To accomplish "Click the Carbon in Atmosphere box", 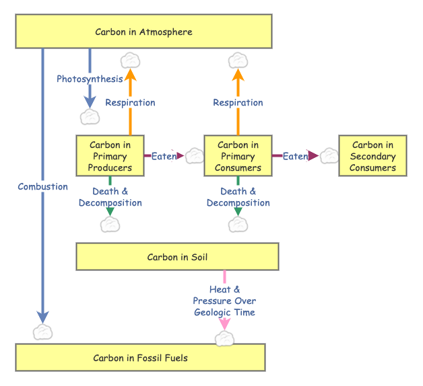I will [143, 32].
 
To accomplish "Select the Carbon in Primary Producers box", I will [110, 156].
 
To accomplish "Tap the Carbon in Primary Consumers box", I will [238, 156].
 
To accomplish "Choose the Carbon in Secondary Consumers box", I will [372, 156].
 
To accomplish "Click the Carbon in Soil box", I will [177, 257].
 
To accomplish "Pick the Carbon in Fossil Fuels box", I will [140, 358].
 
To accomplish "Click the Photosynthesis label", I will [90, 79].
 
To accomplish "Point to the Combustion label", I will [42, 187].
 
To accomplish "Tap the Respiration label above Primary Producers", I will [130, 103].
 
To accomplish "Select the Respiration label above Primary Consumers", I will [238, 103].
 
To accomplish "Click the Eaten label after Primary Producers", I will [164, 156].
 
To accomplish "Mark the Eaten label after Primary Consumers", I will [295, 156].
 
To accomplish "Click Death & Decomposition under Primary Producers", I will [110, 197].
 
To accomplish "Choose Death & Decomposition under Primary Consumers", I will [238, 197].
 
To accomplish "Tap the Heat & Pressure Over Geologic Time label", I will [224, 301].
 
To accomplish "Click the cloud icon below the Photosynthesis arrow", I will [90, 117].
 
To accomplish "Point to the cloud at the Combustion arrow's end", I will [42, 332].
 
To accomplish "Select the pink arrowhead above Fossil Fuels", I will [224, 323].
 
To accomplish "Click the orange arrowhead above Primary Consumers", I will [238, 75].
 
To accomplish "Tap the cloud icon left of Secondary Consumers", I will [329, 156].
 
